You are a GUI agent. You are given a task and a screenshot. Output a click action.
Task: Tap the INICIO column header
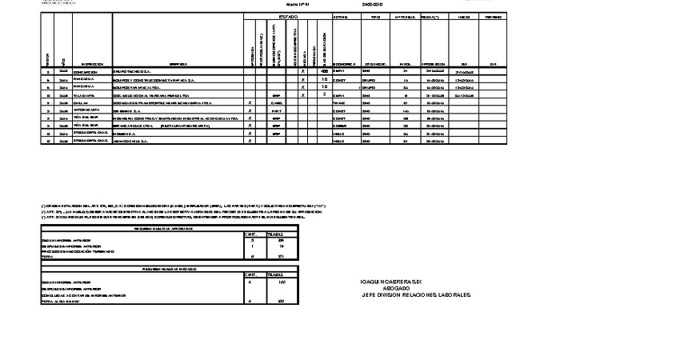[463, 16]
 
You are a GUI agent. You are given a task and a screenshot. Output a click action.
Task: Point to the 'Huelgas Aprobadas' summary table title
[167, 228]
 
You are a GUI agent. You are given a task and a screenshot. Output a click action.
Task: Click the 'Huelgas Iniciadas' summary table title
[167, 270]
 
